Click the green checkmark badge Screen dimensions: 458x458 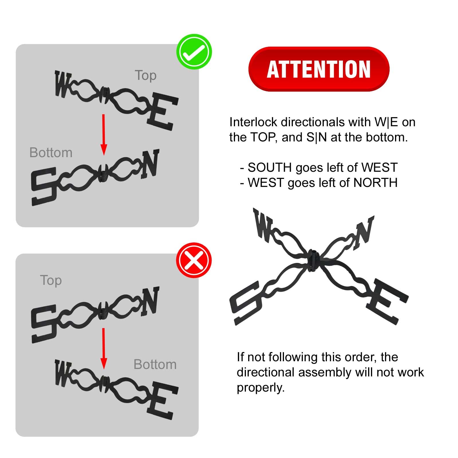click(194, 52)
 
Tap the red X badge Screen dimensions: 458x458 click(194, 260)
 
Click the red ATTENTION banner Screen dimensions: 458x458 click(319, 69)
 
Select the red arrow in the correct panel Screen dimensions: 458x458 click(104, 135)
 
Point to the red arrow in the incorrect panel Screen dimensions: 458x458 click(104, 348)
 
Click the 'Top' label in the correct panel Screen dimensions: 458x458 click(146, 76)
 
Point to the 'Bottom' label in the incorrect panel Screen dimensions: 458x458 click(155, 365)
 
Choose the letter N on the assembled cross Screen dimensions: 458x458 click(364, 232)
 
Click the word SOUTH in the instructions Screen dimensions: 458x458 click(270, 167)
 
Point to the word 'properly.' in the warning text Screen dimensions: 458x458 click(261, 388)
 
